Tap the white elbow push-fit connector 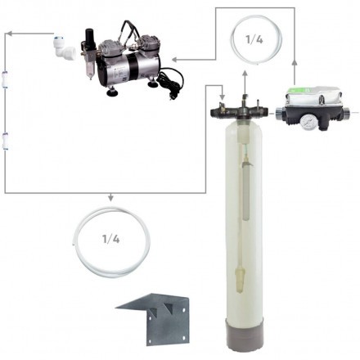(x=64, y=47)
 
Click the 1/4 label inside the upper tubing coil (x=254, y=40)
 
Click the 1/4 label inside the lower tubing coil (x=110, y=239)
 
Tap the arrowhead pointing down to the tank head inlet (x=223, y=97)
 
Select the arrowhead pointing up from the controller (x=295, y=63)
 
